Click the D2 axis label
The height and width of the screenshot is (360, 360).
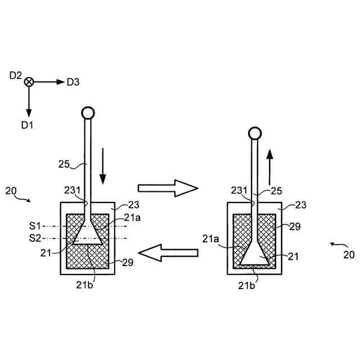(16, 75)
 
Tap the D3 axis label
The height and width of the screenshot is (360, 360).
(73, 82)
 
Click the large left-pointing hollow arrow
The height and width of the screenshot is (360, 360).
(167, 253)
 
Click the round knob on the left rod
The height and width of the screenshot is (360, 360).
(87, 112)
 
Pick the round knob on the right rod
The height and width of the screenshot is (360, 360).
(255, 133)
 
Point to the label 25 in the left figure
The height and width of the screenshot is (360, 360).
(65, 164)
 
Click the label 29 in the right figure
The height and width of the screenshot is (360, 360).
(295, 227)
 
